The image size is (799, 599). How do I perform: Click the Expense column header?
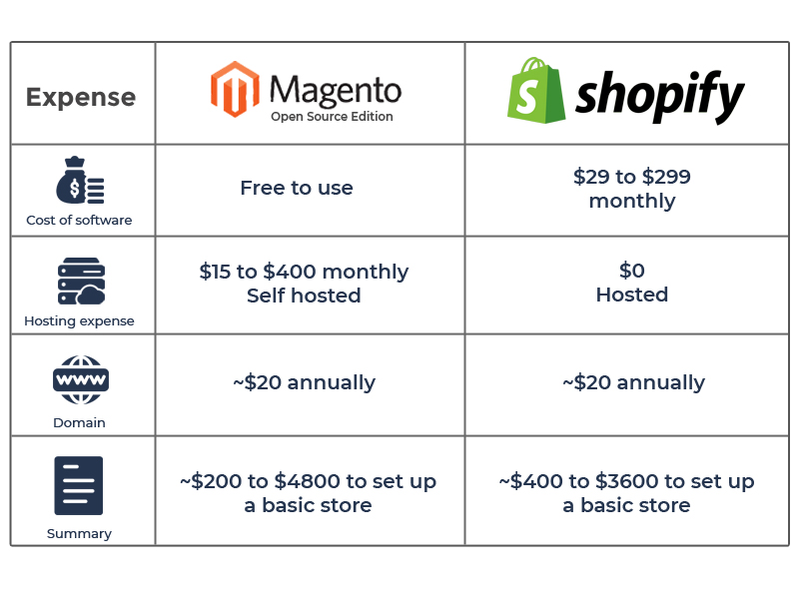(x=81, y=97)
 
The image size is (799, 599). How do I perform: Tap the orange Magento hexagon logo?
(x=235, y=89)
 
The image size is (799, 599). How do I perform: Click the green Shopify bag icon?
(x=536, y=90)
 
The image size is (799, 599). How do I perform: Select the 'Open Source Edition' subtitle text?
(x=332, y=117)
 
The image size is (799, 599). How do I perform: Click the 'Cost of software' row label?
(x=79, y=220)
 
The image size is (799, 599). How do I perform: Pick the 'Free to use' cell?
(x=297, y=188)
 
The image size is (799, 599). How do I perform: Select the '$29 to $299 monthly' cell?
(x=632, y=189)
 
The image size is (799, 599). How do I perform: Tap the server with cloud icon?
(x=81, y=282)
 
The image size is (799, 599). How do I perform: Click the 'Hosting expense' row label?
(x=79, y=320)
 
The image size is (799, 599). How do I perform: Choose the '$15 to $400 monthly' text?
(x=304, y=272)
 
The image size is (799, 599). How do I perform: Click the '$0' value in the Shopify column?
(x=632, y=271)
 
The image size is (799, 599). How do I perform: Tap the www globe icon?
(x=81, y=380)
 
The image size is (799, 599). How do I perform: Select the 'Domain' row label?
(x=79, y=422)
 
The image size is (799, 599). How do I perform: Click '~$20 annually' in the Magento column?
(x=305, y=382)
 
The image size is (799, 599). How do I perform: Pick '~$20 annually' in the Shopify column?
(x=633, y=382)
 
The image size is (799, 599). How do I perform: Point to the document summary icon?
(x=79, y=485)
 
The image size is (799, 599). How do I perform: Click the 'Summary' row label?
(x=79, y=533)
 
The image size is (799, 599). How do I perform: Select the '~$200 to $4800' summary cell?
(x=308, y=493)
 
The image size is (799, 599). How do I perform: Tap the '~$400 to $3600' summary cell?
(x=626, y=493)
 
